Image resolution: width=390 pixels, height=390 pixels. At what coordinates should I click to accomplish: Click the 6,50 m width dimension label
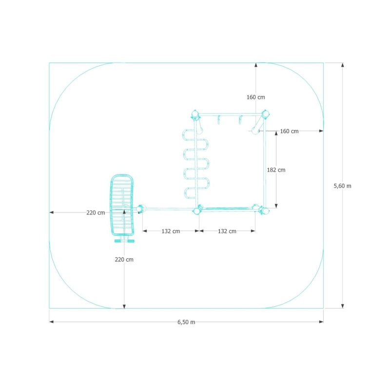[186, 322]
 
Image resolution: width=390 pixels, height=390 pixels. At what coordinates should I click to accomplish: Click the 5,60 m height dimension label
[343, 186]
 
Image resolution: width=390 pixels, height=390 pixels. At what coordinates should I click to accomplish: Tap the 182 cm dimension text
[276, 170]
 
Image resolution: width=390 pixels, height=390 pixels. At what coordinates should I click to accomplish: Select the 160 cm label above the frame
[255, 97]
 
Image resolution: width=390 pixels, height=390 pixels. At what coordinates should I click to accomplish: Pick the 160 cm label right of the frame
[289, 131]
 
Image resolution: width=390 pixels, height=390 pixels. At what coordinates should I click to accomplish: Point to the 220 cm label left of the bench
[96, 213]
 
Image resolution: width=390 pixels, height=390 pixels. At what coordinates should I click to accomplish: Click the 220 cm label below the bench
[124, 260]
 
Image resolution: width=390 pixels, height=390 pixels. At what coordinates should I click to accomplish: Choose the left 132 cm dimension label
[171, 231]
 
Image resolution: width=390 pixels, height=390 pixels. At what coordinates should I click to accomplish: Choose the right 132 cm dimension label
[227, 231]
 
